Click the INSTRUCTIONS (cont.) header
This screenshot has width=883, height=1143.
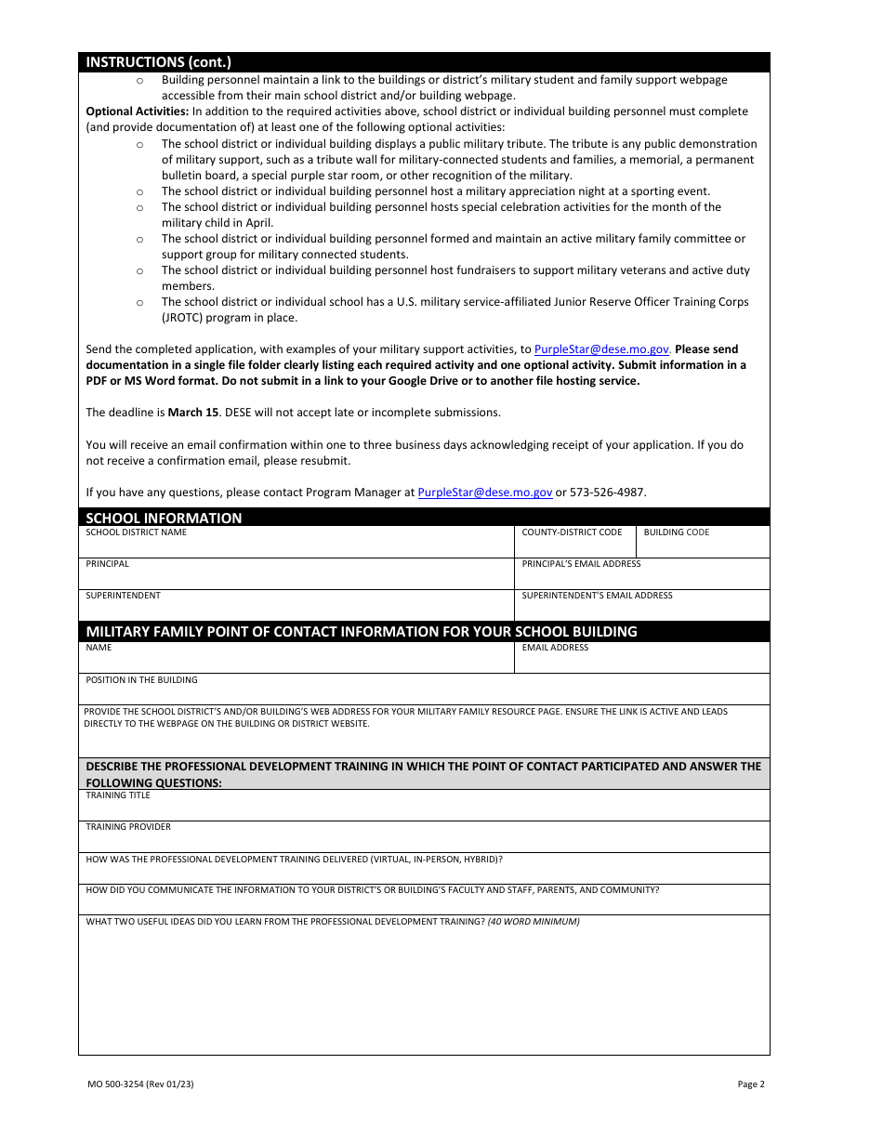tap(158, 62)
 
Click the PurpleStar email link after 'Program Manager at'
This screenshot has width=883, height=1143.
tap(484, 493)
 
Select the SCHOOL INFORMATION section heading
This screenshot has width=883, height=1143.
tap(164, 518)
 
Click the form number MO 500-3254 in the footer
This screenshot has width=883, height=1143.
tap(140, 1084)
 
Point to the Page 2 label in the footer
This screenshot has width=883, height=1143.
tap(750, 1084)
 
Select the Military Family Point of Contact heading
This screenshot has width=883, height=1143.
tap(362, 632)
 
